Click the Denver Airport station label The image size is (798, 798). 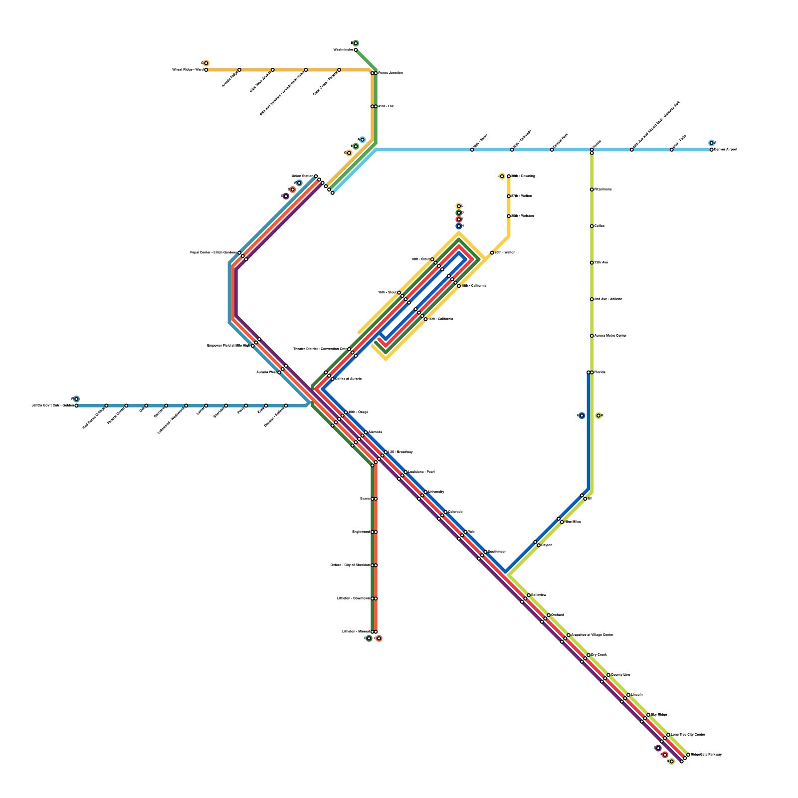tap(725, 150)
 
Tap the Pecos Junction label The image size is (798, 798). tap(390, 73)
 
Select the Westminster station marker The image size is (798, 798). tap(356, 50)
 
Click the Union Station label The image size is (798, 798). tap(302, 176)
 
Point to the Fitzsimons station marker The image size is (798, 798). tap(592, 190)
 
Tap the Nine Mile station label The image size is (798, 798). tap(573, 522)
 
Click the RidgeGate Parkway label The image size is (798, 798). tap(706, 755)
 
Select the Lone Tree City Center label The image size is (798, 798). tap(688, 735)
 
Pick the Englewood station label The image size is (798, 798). tap(361, 532)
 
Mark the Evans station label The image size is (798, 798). tap(365, 499)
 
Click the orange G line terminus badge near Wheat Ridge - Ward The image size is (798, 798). tap(206, 63)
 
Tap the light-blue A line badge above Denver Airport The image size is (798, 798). tap(712, 143)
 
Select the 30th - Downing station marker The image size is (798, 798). tap(509, 176)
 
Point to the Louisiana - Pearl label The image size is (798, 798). tap(421, 472)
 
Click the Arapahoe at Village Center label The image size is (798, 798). tap(592, 635)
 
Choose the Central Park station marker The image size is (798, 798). tap(552, 150)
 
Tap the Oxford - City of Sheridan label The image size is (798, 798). tap(350, 565)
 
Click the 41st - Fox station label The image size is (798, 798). tap(386, 106)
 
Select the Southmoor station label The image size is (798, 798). tap(496, 552)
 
